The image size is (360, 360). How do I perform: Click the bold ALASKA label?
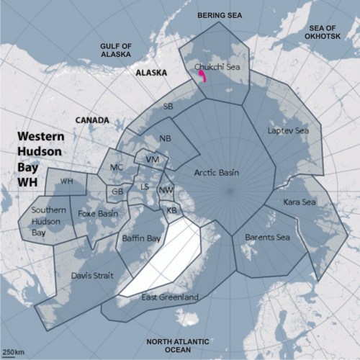point(151,73)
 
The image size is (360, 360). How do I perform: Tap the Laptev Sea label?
point(288,131)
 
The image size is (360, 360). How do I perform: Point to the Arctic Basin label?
point(217,173)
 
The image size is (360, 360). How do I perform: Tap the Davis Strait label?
point(91,275)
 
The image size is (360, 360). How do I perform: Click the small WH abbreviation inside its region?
point(67,181)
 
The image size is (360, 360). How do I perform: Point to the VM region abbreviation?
point(151,159)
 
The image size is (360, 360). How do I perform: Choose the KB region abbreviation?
point(171,210)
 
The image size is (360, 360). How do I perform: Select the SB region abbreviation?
point(168,107)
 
